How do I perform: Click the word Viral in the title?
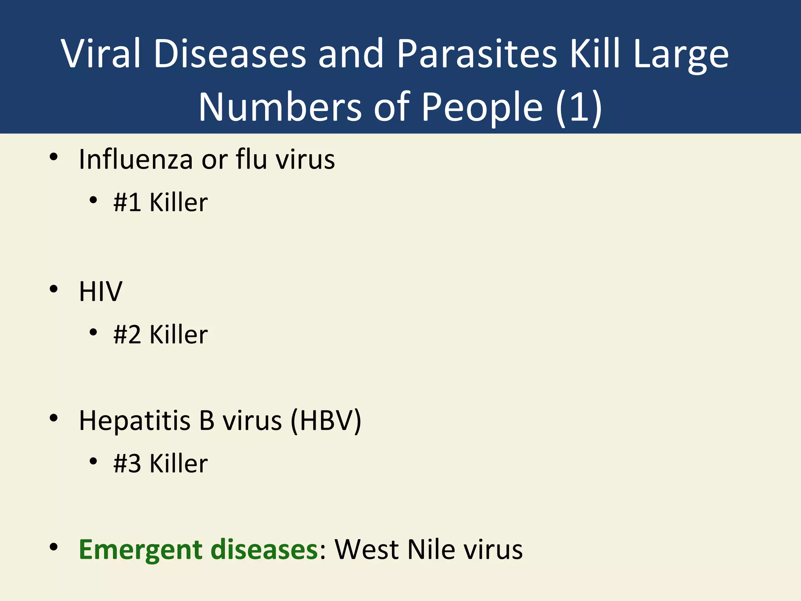(101, 54)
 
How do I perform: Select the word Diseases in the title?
(230, 54)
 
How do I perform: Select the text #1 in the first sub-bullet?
(127, 202)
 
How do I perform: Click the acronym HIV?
(101, 292)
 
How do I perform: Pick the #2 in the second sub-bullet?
(127, 335)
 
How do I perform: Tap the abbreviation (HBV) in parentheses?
(325, 421)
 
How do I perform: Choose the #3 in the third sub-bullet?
(127, 464)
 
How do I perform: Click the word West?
(367, 550)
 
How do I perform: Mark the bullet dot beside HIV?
(54, 290)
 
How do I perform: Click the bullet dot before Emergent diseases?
(54, 547)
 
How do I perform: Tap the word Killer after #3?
(178, 464)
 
